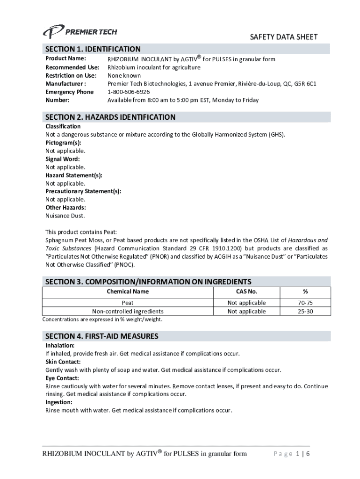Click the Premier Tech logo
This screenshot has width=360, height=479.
80,32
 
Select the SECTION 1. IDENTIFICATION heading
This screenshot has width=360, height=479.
93,49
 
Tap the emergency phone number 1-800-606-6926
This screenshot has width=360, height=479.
129,92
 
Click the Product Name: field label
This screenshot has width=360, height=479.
65,58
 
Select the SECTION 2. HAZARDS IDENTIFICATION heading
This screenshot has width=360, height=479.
110,117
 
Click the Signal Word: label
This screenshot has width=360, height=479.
62,159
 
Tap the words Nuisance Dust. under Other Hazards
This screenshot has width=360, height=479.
65,216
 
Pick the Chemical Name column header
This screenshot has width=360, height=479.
128,291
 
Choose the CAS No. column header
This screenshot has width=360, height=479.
246,291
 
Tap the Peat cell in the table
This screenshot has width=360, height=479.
128,303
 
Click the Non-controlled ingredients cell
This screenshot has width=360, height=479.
128,311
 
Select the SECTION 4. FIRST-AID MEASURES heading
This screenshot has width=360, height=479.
101,336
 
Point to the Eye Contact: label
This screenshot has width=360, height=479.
62,378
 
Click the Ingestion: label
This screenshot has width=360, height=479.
58,402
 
